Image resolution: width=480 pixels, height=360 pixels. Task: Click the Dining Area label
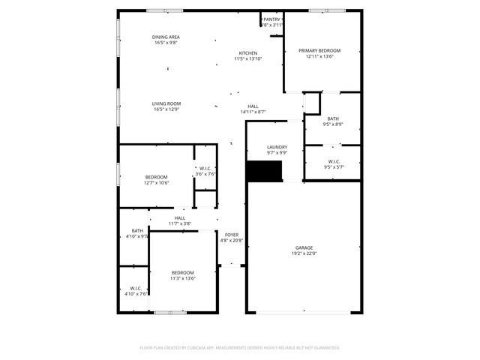(166, 37)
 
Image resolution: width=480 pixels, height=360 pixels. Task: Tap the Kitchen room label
(248, 53)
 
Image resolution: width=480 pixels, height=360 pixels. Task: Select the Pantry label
(271, 19)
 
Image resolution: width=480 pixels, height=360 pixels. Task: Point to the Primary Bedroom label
(319, 50)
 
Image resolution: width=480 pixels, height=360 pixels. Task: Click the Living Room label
(166, 103)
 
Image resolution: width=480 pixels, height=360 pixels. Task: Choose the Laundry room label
(277, 147)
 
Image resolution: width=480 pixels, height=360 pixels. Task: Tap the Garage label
(304, 247)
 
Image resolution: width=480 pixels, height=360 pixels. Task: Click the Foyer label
(232, 235)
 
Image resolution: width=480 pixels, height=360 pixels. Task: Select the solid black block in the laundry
(265, 171)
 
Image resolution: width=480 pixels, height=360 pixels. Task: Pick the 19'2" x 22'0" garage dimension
(304, 253)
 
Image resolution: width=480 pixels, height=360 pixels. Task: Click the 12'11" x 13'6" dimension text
(319, 56)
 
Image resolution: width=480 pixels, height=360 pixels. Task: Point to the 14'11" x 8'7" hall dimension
(253, 112)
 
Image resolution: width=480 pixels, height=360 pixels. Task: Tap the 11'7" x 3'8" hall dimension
(180, 223)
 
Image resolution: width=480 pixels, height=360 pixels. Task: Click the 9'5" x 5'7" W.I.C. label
(334, 167)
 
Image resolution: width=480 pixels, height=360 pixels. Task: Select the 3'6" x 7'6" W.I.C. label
(205, 174)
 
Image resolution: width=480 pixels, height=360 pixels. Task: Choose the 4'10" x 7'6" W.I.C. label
(136, 294)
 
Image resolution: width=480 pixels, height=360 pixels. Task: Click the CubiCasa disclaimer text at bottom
(240, 348)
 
